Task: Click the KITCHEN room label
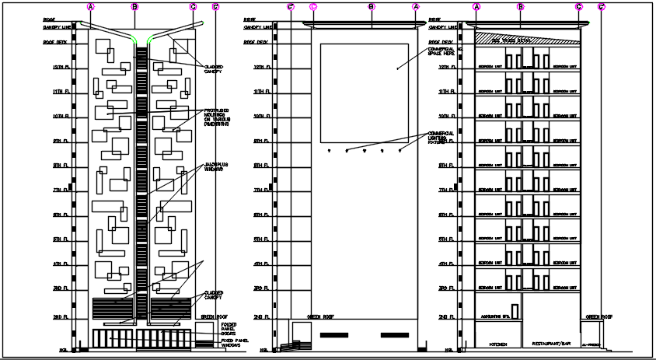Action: (x=497, y=343)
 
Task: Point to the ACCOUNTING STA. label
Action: (x=494, y=317)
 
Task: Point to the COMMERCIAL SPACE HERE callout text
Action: (x=442, y=51)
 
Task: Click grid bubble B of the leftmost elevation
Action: (x=135, y=7)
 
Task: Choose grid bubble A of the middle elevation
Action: (x=416, y=7)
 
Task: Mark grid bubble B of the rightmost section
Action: (x=521, y=7)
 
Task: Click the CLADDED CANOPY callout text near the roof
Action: (x=215, y=70)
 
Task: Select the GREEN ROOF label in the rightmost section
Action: (x=598, y=317)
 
